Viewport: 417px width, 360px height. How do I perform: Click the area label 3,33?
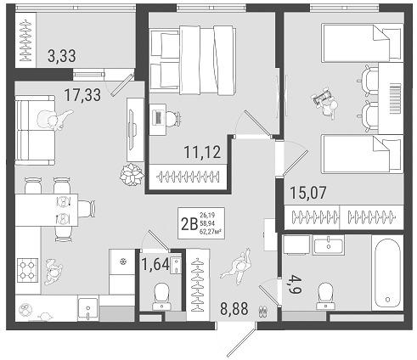coord(61,58)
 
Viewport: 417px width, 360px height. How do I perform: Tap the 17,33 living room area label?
coord(82,95)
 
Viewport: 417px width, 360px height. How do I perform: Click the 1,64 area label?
coord(155,263)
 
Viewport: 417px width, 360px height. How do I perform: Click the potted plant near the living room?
coord(132,176)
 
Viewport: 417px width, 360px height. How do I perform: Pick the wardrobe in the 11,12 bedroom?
coord(185,177)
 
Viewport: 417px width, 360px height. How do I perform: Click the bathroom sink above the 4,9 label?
coord(328,246)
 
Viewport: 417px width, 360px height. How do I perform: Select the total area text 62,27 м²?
coord(212,229)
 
